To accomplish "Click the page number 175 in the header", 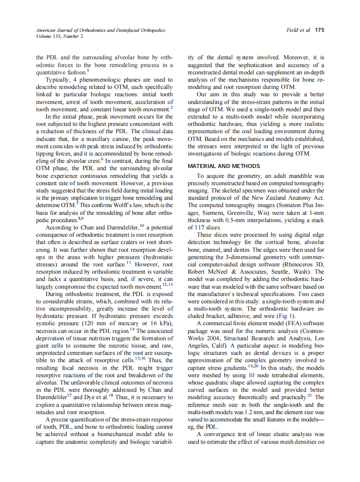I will point(319,31).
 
